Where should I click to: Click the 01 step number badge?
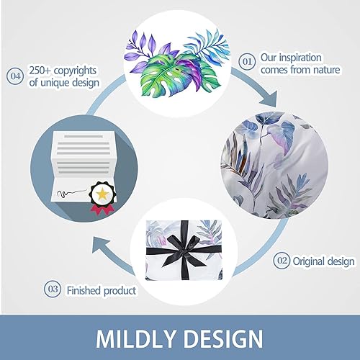246,63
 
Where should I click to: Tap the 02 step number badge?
282,259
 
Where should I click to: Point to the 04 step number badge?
14,74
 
